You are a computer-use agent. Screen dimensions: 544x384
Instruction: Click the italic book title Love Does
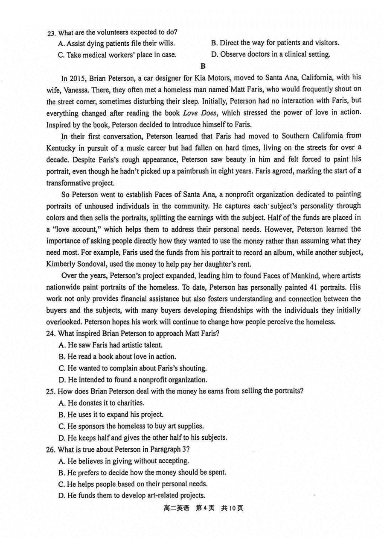(x=200, y=113)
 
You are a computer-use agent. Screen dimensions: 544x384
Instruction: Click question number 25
(x=52, y=391)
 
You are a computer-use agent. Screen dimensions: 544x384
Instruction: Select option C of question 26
(x=132, y=484)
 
